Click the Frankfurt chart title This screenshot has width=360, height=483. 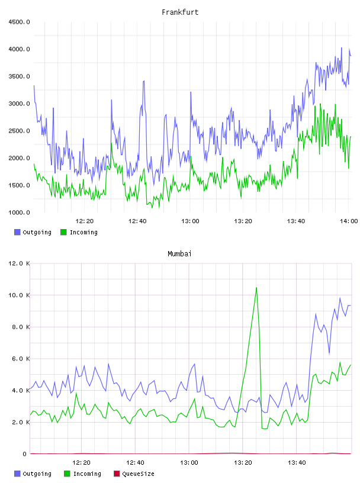point(180,12)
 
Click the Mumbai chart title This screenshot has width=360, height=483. point(179,254)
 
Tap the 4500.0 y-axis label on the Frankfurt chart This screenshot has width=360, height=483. point(19,22)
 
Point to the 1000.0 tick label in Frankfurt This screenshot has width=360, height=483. point(19,212)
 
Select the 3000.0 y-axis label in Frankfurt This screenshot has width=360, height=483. point(19,104)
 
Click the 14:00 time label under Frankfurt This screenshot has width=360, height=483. point(349,221)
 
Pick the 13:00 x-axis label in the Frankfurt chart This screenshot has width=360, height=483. point(190,221)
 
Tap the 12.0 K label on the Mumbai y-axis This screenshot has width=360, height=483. point(19,263)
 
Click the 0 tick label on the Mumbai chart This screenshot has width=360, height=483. point(24,454)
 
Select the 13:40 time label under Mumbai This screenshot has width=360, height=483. point(297,463)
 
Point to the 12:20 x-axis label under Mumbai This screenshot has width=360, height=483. point(81,463)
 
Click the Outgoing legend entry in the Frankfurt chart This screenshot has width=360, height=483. point(33,232)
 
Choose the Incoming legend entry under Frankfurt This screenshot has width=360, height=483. point(79,232)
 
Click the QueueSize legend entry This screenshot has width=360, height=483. point(134,474)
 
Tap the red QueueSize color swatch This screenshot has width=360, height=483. point(117,474)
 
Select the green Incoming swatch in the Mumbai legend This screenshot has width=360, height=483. point(67,474)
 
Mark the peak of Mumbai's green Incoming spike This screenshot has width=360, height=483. point(256,288)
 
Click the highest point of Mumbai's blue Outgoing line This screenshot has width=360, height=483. point(340,298)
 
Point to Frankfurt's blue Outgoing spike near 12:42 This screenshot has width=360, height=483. point(144,81)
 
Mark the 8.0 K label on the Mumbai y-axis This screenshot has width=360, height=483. point(19,327)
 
